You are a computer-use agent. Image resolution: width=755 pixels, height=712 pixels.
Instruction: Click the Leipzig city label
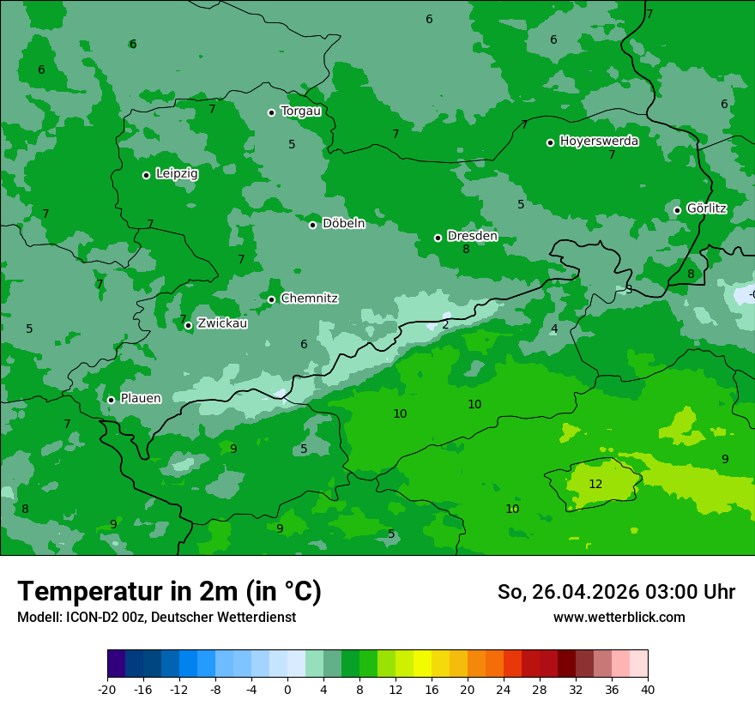(177, 174)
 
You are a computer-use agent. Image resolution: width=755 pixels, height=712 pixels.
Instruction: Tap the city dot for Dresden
(438, 238)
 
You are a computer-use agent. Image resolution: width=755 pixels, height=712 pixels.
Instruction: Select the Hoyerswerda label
(599, 142)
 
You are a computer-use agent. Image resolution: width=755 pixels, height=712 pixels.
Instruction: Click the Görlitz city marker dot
(677, 210)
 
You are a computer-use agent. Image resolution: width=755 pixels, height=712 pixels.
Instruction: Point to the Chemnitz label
(309, 299)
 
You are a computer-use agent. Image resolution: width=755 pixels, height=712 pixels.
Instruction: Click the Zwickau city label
(222, 323)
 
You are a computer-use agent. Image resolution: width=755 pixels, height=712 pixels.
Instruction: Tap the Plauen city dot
(111, 400)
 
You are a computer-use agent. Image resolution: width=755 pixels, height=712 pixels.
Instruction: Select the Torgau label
(300, 112)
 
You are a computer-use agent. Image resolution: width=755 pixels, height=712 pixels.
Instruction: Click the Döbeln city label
(343, 224)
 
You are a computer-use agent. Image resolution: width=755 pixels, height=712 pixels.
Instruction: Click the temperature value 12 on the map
(595, 485)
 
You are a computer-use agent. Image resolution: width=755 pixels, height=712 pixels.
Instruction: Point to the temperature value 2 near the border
(445, 324)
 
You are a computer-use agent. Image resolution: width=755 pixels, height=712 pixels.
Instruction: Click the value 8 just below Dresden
(466, 250)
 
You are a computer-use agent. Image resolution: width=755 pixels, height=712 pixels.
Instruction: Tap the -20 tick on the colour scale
(107, 690)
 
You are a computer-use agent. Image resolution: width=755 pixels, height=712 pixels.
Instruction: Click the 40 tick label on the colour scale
(648, 690)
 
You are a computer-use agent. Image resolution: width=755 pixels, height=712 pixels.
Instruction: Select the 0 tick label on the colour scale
(287, 690)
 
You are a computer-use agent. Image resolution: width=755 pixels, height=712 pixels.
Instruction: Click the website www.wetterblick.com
(619, 618)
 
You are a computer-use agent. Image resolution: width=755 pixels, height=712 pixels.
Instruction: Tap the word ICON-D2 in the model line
(88, 618)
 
